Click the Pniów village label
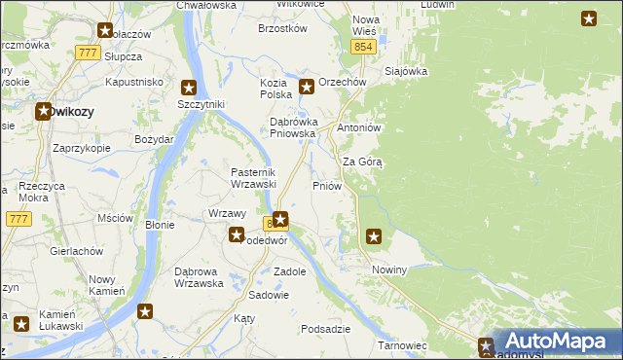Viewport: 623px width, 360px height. (325, 185)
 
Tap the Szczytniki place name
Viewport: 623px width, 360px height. (202, 104)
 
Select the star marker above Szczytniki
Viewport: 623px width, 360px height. (189, 87)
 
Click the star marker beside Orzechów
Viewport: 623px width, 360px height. (307, 87)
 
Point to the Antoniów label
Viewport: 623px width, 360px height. (357, 128)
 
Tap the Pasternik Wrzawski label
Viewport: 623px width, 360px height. (254, 178)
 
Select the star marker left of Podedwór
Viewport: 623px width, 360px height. (236, 234)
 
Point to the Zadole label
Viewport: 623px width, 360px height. (290, 271)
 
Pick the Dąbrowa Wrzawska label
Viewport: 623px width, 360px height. (198, 277)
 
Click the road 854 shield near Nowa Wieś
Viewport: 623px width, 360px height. (363, 47)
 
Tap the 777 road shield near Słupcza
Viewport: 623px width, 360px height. (89, 53)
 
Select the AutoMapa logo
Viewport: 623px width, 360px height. (558, 342)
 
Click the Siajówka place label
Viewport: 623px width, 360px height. (407, 71)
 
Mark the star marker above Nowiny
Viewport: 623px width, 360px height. (374, 235)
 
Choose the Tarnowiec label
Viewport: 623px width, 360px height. (403, 345)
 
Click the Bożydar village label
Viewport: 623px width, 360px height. (155, 140)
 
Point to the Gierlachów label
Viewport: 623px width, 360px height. (77, 251)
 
